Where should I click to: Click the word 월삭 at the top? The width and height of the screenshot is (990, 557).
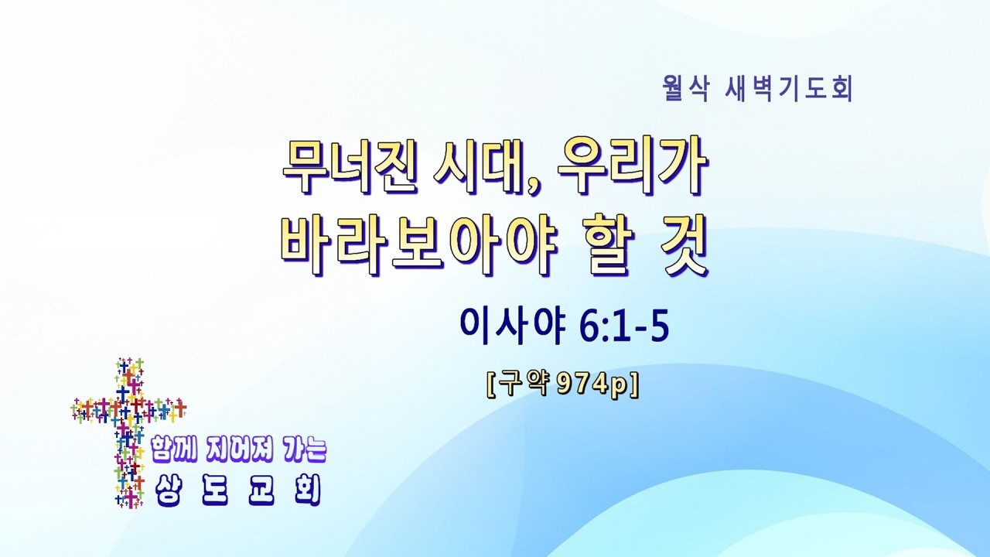[x=685, y=89]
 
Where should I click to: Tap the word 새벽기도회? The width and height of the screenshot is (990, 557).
[x=790, y=89]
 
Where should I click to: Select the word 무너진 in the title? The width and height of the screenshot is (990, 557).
[x=350, y=166]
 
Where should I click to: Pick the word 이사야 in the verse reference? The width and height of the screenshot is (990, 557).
[x=513, y=327]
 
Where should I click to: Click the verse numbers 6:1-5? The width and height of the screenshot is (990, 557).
[x=624, y=327]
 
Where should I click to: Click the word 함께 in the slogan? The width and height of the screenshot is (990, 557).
[x=174, y=449]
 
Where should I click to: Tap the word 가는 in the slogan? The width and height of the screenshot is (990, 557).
[x=303, y=449]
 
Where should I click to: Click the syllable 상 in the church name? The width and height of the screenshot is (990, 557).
[x=168, y=490]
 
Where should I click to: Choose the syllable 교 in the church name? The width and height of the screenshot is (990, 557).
[x=261, y=490]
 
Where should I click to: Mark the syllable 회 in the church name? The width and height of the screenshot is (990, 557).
[x=308, y=490]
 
